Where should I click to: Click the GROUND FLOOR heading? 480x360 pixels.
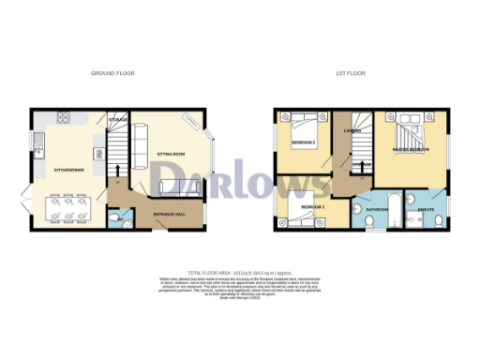112,72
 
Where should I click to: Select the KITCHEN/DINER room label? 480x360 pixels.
70,170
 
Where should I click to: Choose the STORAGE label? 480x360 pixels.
117,121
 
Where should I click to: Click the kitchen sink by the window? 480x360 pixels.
38,144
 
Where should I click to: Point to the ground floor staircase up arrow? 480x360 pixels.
117,171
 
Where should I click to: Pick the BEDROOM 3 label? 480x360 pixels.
302,142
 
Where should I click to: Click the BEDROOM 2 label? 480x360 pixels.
312,205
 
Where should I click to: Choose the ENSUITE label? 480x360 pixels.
426,198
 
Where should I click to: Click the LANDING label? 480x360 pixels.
352,129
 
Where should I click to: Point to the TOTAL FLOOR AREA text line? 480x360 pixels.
239,270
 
